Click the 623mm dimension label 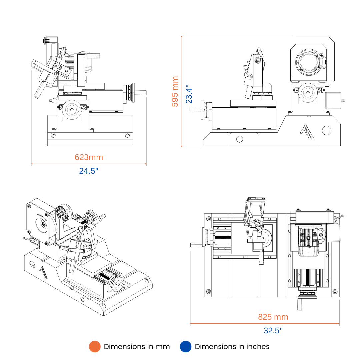[x=89, y=157]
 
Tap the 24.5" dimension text [x=89, y=171]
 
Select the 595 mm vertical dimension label [x=175, y=92]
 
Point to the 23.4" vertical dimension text [x=189, y=94]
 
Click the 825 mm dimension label [x=273, y=317]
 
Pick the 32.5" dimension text [x=273, y=331]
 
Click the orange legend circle [x=95, y=347]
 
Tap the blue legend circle [x=185, y=347]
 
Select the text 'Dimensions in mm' [x=137, y=347]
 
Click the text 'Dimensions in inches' [x=232, y=347]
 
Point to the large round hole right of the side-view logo [x=327, y=130]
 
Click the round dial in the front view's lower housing [x=72, y=110]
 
